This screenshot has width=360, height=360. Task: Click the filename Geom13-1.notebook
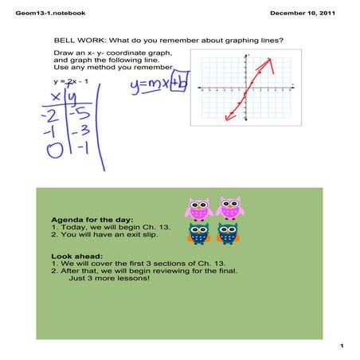point(40,14)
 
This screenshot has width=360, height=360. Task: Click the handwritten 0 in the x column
point(54,148)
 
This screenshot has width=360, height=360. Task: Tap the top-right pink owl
point(229,209)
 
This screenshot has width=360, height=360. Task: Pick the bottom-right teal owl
point(229,233)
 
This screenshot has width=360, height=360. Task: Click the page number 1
point(339,346)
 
